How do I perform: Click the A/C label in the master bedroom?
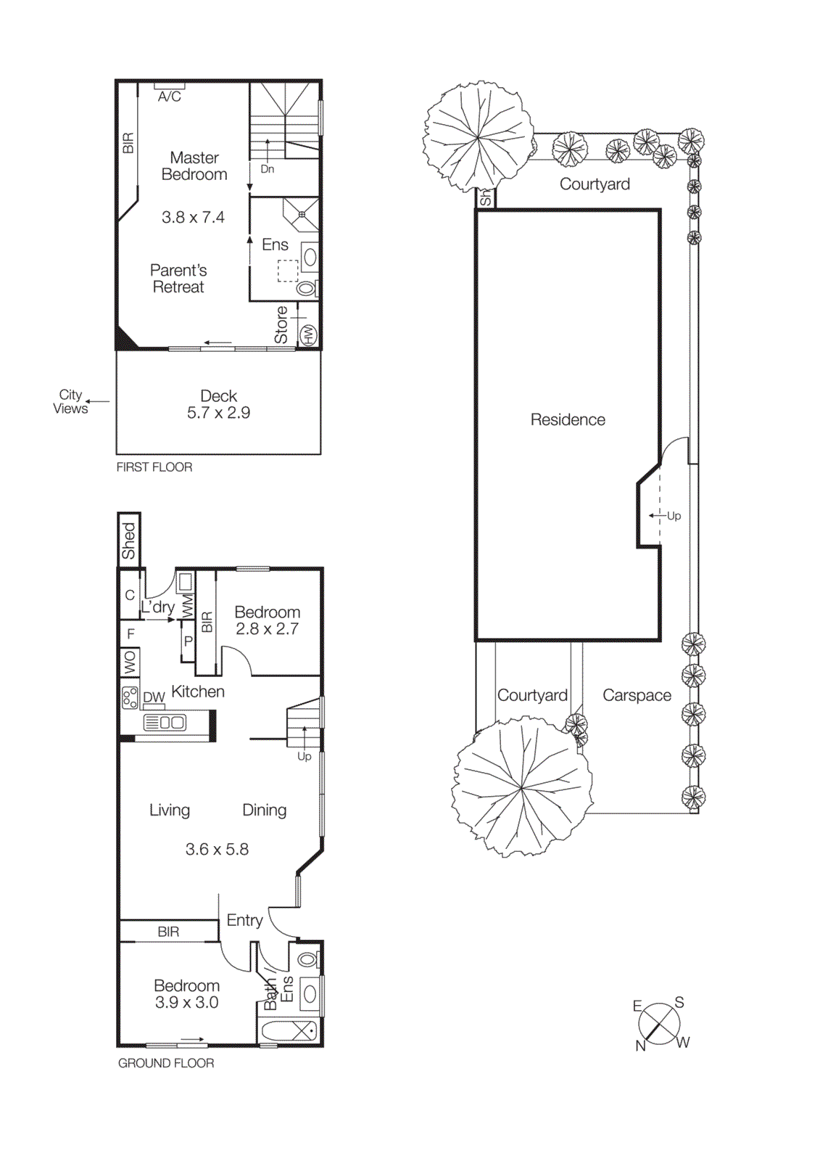tap(169, 97)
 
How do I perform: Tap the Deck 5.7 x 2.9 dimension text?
tap(218, 413)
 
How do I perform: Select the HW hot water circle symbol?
tap(309, 335)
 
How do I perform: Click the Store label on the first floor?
tap(281, 324)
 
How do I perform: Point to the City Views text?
tap(70, 401)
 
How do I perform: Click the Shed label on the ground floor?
tap(129, 541)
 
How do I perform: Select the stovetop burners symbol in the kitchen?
tap(130, 698)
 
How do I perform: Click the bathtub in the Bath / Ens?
tap(289, 1031)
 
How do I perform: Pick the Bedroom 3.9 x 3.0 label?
tap(186, 994)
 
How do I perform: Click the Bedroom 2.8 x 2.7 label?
tap(267, 620)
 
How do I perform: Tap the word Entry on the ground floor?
tap(244, 920)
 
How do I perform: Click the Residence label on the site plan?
tap(568, 419)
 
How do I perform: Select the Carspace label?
tap(637, 695)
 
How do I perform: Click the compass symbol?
tap(659, 1024)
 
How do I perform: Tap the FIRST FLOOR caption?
tap(154, 467)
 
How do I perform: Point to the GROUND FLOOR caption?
tap(166, 1063)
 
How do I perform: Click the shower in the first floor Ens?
tap(301, 215)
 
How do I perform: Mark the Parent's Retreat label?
tap(178, 279)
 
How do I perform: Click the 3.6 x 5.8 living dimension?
tap(217, 849)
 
